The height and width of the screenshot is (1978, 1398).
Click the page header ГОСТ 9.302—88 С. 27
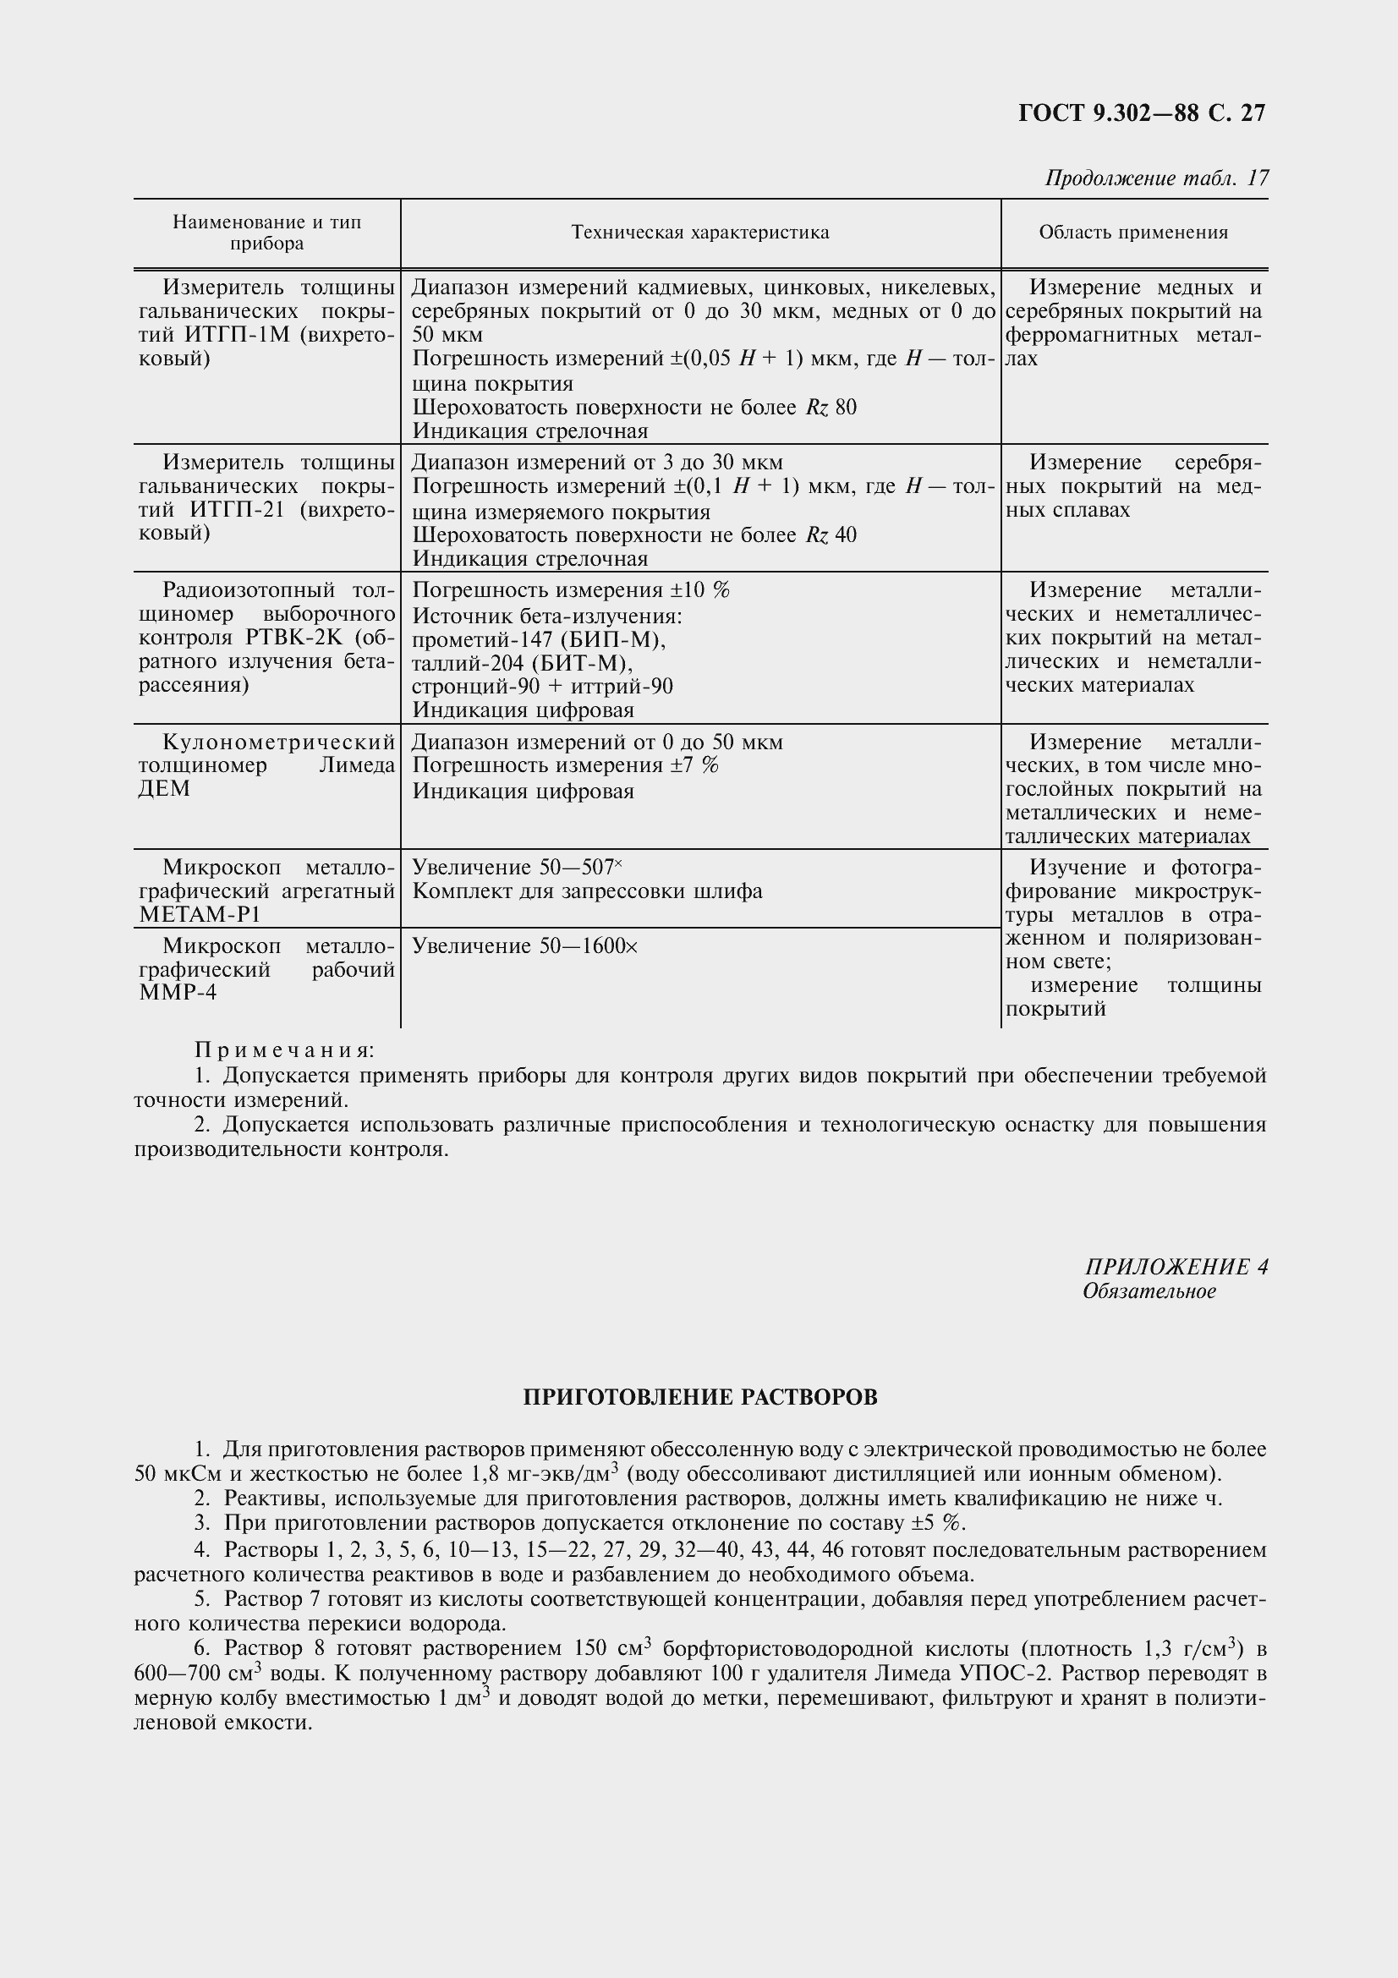point(1141,113)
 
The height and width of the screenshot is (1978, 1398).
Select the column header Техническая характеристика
point(700,233)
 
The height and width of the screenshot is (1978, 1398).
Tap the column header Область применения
point(1133,233)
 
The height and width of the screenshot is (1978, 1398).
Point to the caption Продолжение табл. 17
point(1156,178)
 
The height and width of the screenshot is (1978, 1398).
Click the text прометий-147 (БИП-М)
point(540,640)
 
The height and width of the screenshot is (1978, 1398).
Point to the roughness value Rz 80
point(831,408)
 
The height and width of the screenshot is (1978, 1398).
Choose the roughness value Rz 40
point(831,536)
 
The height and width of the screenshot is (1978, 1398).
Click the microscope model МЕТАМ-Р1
point(199,915)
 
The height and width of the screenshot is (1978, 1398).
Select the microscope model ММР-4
point(178,994)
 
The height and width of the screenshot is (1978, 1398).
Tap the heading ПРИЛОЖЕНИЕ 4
point(1176,1268)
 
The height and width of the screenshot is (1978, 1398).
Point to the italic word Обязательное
point(1149,1291)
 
